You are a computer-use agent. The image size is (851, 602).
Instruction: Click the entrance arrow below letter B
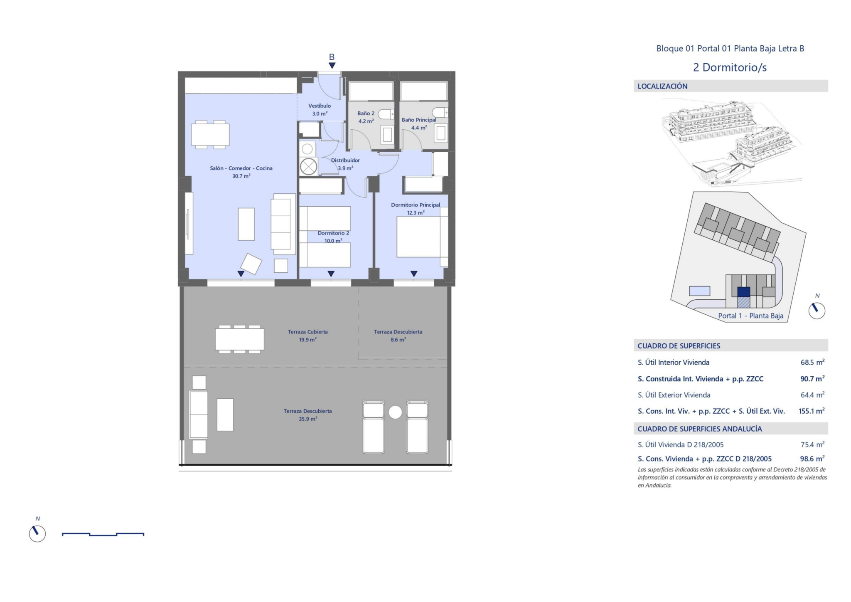(x=332, y=65)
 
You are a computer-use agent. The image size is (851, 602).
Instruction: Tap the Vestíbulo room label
(x=320, y=106)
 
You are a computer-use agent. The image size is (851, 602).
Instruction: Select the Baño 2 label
(x=366, y=113)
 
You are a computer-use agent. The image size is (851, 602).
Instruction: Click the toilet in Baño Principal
(x=440, y=112)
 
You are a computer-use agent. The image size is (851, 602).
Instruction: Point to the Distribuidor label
(x=345, y=160)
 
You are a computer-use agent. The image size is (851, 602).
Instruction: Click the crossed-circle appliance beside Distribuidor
(x=308, y=167)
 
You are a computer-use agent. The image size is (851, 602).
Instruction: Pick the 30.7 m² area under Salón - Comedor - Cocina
(x=241, y=176)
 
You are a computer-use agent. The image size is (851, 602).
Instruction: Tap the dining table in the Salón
(x=210, y=135)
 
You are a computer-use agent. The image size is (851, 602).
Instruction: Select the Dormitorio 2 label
(x=334, y=233)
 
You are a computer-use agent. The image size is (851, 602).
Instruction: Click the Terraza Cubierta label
(x=308, y=332)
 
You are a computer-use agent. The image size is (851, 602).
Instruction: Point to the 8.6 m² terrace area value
(x=398, y=340)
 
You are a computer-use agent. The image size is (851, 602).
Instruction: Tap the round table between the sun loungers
(x=395, y=412)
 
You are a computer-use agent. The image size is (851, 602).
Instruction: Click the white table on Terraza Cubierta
(x=240, y=339)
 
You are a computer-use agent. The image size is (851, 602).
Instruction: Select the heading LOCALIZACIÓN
(x=662, y=86)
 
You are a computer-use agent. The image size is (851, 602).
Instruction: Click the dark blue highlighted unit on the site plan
(x=743, y=292)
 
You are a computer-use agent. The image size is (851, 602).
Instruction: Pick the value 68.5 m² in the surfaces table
(x=812, y=362)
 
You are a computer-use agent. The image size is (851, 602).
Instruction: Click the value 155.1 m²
(x=812, y=411)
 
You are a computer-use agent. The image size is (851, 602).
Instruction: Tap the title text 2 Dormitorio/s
(x=730, y=67)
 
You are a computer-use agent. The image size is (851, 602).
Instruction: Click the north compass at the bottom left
(x=37, y=533)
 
